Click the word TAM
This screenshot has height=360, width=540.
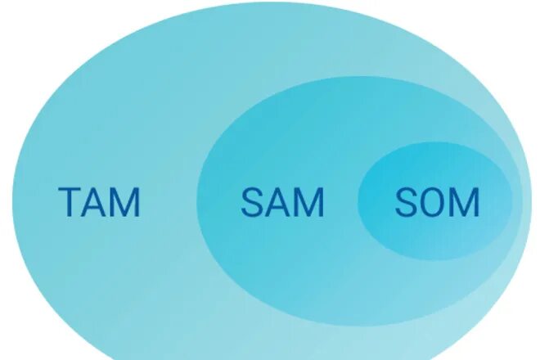(99, 202)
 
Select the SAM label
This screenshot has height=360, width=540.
(282, 202)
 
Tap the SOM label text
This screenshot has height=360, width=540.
(436, 202)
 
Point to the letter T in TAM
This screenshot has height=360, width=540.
(70, 202)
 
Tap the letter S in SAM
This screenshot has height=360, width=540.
(251, 202)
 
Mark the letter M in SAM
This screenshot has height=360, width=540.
(308, 202)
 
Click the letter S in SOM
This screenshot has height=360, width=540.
(405, 202)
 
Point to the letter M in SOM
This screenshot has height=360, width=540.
(464, 202)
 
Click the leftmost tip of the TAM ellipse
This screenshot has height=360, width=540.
(12, 188)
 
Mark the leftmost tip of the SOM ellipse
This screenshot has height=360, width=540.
(358, 201)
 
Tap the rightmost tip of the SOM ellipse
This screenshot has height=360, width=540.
(513, 200)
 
